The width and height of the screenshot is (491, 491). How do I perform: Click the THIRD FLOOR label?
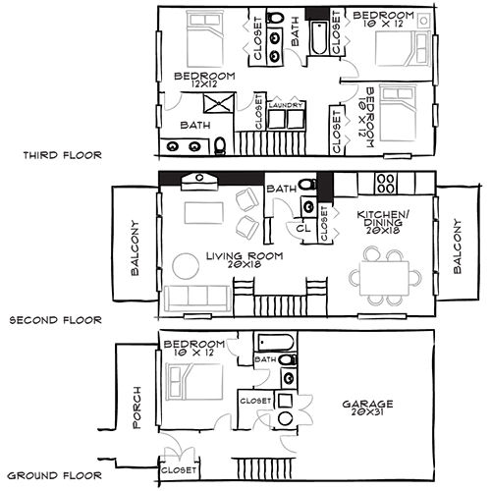click(x=62, y=155)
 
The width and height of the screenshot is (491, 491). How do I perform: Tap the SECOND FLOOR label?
click(x=56, y=320)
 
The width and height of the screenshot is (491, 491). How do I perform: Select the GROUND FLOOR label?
click(x=54, y=475)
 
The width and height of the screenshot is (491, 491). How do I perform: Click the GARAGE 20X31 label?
click(x=367, y=408)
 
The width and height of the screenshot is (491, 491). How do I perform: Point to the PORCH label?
click(x=136, y=408)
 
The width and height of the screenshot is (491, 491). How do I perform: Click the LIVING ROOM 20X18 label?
click(x=245, y=260)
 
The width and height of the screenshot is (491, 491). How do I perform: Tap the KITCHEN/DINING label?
click(x=383, y=222)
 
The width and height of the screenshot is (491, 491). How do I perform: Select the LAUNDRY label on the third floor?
click(x=286, y=105)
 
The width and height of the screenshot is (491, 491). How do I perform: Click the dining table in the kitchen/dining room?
click(x=384, y=278)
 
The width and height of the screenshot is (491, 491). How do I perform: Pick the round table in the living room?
click(x=186, y=266)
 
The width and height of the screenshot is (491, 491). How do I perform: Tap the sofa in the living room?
click(x=197, y=299)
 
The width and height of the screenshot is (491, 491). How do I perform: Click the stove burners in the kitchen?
click(x=386, y=184)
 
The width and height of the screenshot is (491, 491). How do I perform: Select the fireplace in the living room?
click(x=199, y=182)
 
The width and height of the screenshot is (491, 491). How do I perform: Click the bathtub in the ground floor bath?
click(x=275, y=343)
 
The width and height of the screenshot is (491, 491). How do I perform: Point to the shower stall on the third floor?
click(x=219, y=103)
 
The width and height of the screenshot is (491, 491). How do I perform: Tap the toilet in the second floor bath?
click(x=307, y=185)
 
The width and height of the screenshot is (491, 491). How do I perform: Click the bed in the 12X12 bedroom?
click(x=205, y=38)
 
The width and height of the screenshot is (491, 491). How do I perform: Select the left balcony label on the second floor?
click(x=135, y=247)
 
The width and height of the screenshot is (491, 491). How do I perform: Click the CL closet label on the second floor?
click(x=303, y=228)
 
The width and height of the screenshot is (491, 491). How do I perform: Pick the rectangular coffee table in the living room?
click(x=204, y=213)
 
